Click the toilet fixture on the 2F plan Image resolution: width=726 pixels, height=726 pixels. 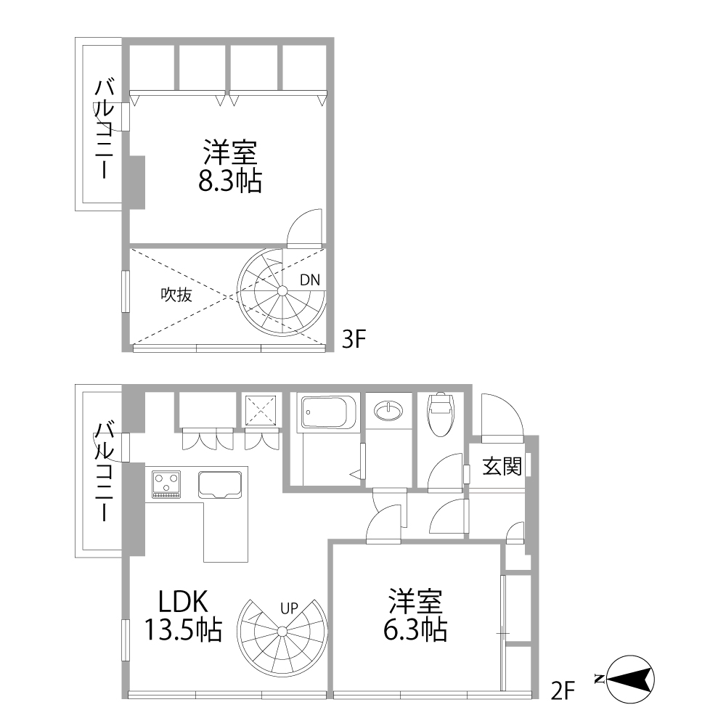440,415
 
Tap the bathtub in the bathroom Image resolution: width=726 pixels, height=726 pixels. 328,412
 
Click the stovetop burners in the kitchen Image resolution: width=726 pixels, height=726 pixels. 166,484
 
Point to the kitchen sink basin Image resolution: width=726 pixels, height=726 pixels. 221,484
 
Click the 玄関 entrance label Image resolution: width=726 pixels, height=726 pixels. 502,466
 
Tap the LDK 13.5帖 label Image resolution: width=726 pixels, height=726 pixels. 184,616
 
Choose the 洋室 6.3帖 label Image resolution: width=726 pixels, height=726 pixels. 415,614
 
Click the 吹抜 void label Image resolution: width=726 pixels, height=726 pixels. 176,295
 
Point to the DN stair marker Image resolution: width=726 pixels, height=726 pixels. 310,280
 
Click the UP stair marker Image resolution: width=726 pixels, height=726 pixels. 290,608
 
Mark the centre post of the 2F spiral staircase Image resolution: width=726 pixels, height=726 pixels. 282,631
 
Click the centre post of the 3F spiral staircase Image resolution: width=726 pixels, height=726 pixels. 282,291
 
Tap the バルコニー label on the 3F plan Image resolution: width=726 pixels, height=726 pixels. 104,129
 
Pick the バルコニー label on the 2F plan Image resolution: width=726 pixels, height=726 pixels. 104,471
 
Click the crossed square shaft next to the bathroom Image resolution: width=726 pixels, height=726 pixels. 261,409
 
